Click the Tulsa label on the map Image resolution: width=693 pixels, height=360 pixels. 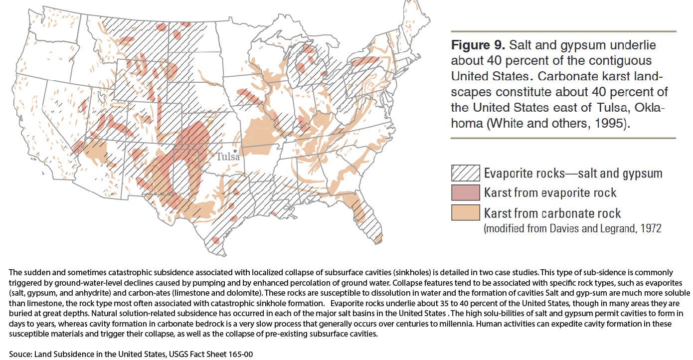pos(228,157)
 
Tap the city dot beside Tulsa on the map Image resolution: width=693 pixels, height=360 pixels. pos(235,150)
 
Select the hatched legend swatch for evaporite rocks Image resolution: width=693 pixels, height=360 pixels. pos(465,173)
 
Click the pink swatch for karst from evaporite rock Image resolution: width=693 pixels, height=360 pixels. pos(465,193)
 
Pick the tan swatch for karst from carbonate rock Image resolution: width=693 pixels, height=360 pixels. pos(465,213)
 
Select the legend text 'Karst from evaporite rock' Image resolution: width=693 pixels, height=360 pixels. pos(550,193)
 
